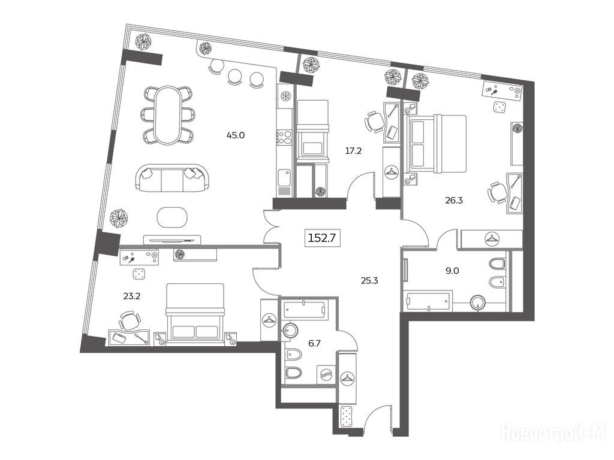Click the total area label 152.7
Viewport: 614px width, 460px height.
coord(323,237)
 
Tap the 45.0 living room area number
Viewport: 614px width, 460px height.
coord(235,135)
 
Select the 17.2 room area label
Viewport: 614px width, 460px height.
coord(353,150)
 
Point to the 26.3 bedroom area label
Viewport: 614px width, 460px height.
coord(454,201)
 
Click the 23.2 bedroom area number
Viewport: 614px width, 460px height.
coord(131,296)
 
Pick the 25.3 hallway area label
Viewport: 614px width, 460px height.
coord(369,280)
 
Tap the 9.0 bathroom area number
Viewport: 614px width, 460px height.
coord(452,270)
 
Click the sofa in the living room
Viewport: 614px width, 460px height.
coord(172,178)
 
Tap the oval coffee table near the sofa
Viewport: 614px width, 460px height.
coord(172,216)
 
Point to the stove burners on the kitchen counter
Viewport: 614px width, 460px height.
coord(284,137)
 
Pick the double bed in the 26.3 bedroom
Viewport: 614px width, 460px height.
coord(435,144)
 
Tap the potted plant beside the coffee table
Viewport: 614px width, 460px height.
coord(119,218)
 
